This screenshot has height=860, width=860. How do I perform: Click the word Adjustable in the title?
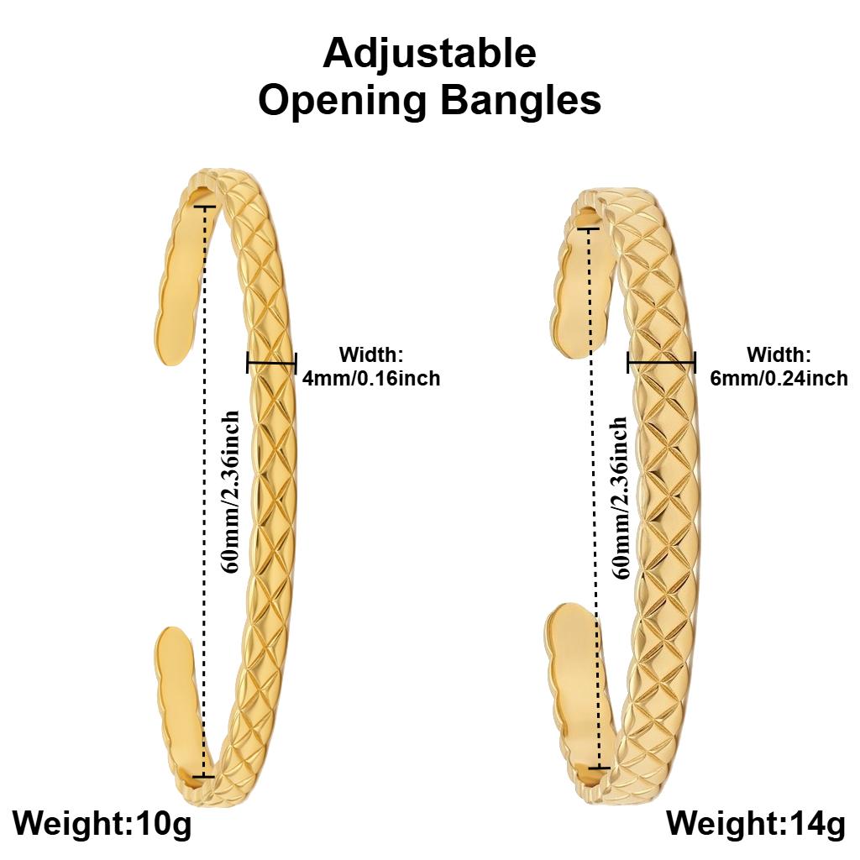pyautogui.click(x=429, y=55)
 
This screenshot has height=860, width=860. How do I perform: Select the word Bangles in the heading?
pyautogui.click(x=522, y=101)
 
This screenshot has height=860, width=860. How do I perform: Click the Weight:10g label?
pyautogui.click(x=102, y=823)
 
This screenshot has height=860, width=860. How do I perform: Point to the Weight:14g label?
pyautogui.click(x=757, y=823)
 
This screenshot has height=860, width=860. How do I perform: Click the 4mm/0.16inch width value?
pyautogui.click(x=371, y=379)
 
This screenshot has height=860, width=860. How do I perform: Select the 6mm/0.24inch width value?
pyautogui.click(x=779, y=379)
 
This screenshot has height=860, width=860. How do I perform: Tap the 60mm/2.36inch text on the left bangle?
pyautogui.click(x=230, y=491)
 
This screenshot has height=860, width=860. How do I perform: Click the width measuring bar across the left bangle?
pyautogui.click(x=271, y=363)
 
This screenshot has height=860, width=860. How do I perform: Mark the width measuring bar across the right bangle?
pyautogui.click(x=662, y=363)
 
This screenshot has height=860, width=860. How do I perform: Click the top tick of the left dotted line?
pyautogui.click(x=204, y=207)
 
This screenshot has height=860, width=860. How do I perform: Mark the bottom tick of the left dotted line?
pyautogui.click(x=204, y=776)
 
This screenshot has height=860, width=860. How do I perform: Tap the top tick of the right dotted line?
pyautogui.click(x=589, y=228)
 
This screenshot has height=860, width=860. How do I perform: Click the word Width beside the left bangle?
pyautogui.click(x=371, y=355)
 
